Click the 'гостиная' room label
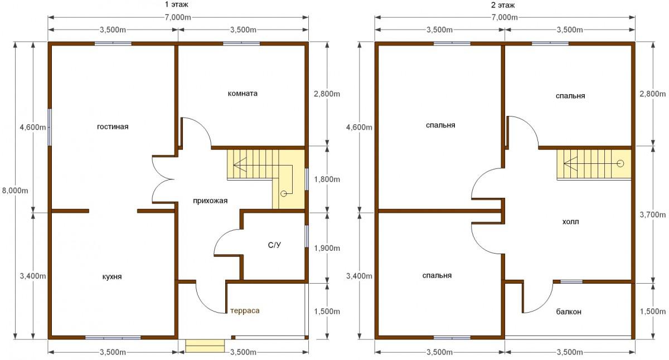point(113,127)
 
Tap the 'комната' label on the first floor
point(243,94)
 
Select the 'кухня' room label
point(112,277)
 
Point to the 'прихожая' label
point(210,201)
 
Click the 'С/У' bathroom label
point(274,245)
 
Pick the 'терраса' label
point(245,311)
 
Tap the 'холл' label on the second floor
point(570,222)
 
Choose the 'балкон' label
point(569,312)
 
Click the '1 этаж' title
point(177,4)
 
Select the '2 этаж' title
point(503,5)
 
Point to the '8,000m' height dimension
point(15,190)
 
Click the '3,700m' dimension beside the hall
point(653,215)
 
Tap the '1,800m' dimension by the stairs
point(327,179)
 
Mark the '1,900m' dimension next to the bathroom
point(327,248)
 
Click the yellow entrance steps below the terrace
point(205,346)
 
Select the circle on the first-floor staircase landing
point(283,194)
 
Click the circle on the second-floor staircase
point(620,164)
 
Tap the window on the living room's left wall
point(50,127)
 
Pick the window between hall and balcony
point(571,282)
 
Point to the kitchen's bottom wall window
point(113,338)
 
